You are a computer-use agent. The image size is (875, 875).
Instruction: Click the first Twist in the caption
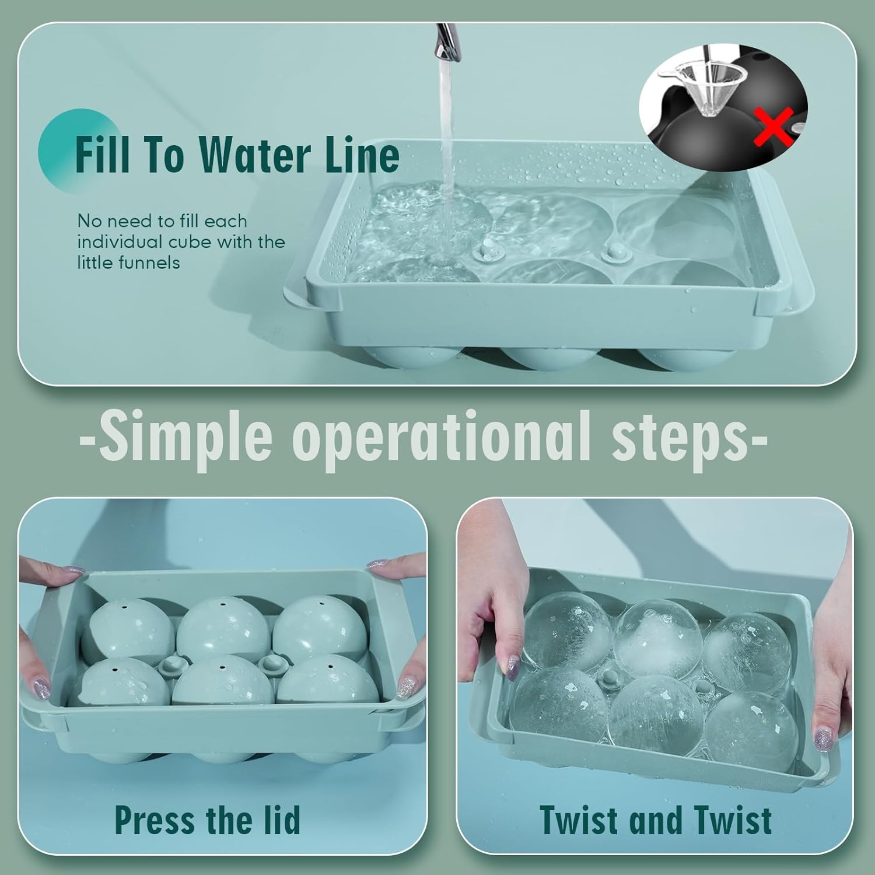coord(577,820)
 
